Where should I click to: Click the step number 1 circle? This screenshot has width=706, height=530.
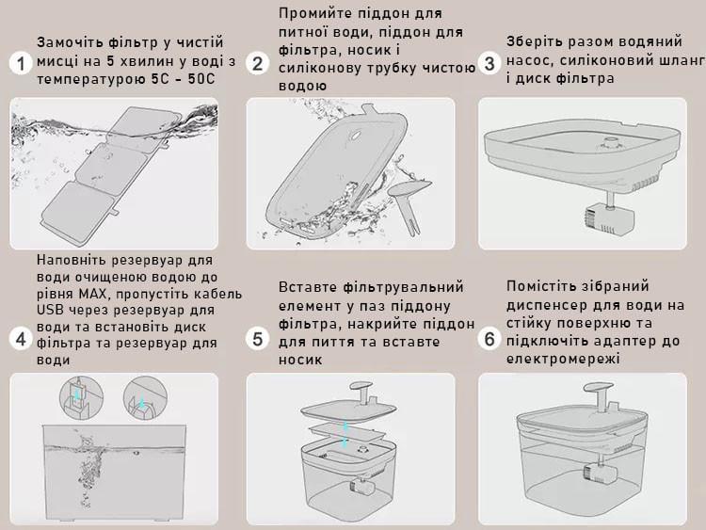coord(19,63)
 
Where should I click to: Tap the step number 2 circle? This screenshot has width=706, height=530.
coord(257,63)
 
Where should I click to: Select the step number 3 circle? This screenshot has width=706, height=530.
coord(489,63)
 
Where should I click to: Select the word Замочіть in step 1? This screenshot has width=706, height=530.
coord(70,43)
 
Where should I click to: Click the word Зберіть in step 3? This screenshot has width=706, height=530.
coord(533,41)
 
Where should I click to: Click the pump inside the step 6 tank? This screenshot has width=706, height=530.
coord(597,474)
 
